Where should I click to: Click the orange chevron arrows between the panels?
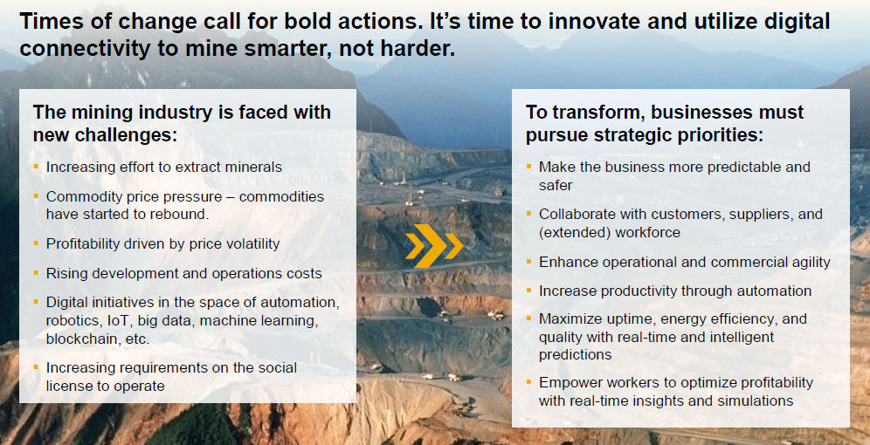(x=434, y=245)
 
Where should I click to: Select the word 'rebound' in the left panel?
(x=185, y=215)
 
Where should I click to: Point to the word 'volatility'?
(x=251, y=243)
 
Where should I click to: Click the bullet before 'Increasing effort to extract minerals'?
(x=36, y=166)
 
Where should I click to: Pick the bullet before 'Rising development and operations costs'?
(x=36, y=272)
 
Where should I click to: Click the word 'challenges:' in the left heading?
(x=106, y=134)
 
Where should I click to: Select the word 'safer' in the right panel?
(x=556, y=185)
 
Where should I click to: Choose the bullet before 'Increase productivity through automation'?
(x=528, y=290)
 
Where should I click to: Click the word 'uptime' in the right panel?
(x=625, y=319)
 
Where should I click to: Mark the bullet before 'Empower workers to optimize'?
(x=528, y=381)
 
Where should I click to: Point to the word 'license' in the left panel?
(x=68, y=386)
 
